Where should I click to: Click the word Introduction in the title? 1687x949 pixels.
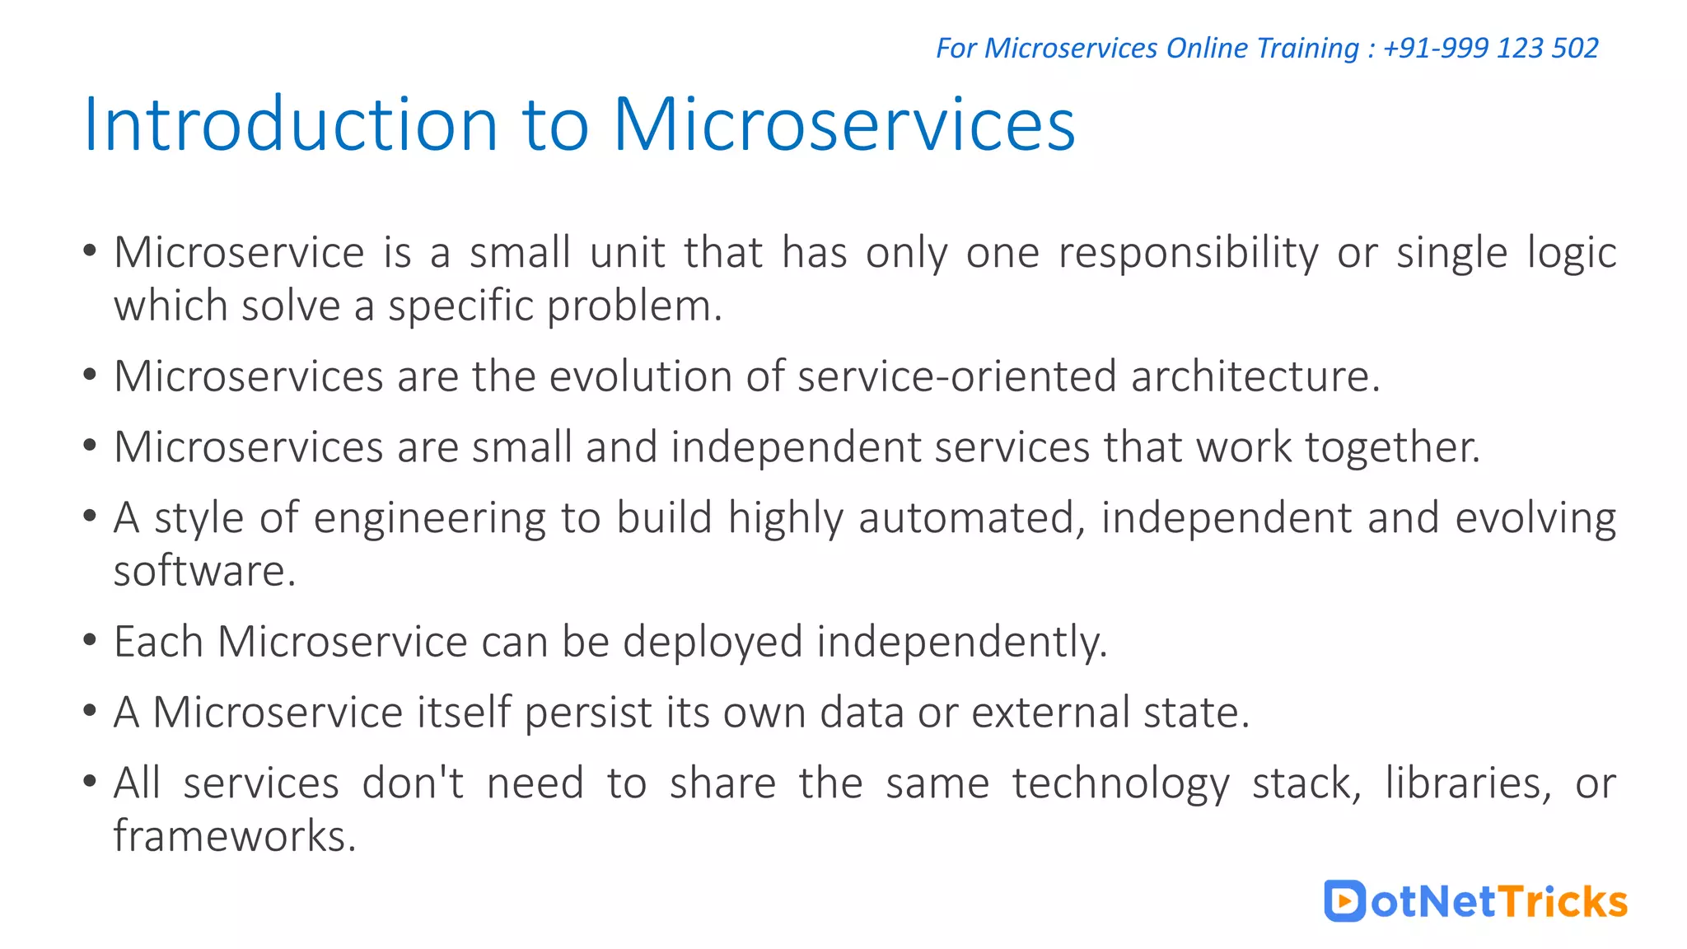coord(291,125)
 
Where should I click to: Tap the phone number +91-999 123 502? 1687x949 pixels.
coord(1490,48)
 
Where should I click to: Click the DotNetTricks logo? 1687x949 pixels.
coord(1475,901)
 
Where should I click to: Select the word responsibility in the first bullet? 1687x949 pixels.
coord(1188,254)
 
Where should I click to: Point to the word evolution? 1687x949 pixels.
coord(640,377)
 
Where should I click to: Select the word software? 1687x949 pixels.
coord(203,572)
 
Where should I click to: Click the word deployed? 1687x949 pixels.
coord(713,643)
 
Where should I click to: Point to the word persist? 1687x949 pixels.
coord(588,713)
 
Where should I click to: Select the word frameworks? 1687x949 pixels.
coord(234,837)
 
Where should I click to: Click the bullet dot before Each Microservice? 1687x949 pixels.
coord(90,640)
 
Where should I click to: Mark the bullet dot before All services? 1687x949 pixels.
coord(90,782)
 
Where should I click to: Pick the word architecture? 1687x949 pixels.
coord(1255,377)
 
